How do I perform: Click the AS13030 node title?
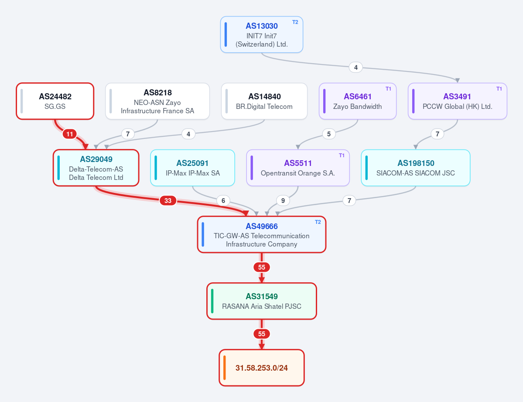262,26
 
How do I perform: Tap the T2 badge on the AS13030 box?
295,22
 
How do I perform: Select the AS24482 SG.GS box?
55,101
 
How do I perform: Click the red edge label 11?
70,134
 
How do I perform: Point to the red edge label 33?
168,200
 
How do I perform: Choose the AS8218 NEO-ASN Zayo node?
157,101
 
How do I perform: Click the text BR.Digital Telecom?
264,107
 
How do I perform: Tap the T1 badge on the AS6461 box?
388,89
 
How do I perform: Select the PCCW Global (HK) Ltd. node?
457,101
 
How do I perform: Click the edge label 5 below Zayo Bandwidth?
329,134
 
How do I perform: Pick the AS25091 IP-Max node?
192,168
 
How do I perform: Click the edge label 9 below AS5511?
283,200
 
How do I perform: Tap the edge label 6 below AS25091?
223,200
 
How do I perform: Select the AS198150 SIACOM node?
416,168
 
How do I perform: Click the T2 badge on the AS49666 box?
318,222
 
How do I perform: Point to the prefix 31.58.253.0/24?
262,368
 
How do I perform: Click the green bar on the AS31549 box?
212,301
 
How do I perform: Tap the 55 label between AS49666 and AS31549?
262,267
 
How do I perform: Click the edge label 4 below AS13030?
356,67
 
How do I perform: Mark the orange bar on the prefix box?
225,368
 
